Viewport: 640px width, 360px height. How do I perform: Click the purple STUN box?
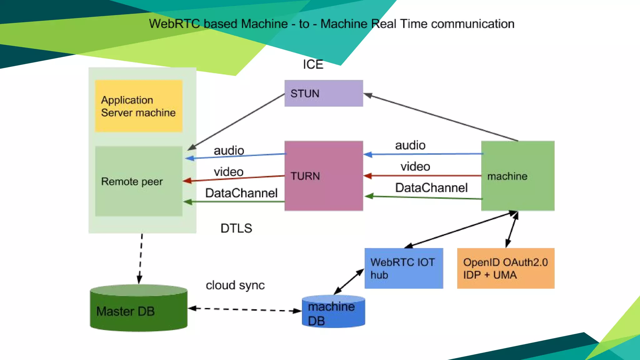point(323,93)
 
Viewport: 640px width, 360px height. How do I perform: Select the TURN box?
point(323,176)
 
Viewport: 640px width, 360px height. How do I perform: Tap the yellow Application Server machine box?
point(138,106)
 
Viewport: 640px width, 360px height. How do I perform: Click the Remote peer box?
point(138,181)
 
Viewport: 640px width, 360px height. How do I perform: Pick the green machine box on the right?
point(517,176)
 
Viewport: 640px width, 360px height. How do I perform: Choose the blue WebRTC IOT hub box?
point(403,268)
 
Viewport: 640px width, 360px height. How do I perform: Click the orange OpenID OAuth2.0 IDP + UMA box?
point(505,268)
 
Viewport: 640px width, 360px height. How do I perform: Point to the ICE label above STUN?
point(313,64)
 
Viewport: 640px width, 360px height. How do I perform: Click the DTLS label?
point(236,228)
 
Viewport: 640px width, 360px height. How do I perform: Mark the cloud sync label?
point(235,285)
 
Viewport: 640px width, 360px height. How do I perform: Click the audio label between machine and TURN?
point(410,145)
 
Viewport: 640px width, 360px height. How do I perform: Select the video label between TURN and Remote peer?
point(228,172)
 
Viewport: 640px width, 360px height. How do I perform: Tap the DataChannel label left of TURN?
point(241,193)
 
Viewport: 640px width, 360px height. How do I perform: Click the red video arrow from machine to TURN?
point(422,176)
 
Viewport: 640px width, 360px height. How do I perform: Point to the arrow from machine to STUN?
point(441,117)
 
